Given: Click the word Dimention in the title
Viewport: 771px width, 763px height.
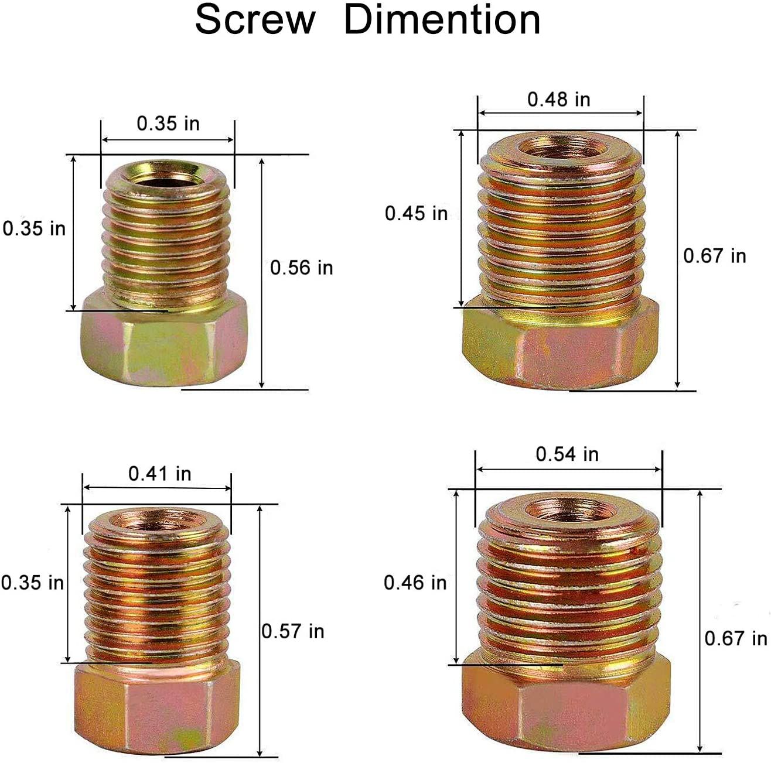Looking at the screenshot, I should coord(442,20).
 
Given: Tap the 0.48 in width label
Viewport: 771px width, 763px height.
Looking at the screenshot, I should coord(558,100).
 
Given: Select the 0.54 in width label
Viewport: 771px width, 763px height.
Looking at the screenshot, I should coord(567,454).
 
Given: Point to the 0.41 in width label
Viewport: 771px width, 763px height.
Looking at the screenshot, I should coord(160,474).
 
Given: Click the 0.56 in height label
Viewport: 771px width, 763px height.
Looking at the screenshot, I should coord(301,268).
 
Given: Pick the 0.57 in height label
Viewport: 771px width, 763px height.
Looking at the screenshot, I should coord(292,631).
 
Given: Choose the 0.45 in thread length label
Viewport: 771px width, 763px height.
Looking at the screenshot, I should coord(416,214).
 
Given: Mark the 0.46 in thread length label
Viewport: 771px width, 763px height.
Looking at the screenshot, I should coord(415,583).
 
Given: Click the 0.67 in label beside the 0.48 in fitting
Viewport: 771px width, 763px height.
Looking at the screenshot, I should coord(715,256).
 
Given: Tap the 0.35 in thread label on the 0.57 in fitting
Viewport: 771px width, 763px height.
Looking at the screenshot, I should coord(32,583).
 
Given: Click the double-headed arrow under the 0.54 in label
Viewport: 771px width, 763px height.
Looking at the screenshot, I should coord(568,469).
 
